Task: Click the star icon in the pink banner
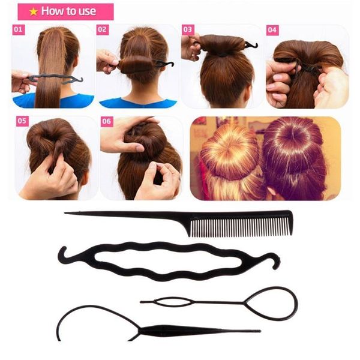coord(34,11)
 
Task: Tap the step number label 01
coord(19,29)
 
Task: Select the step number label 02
coord(102,29)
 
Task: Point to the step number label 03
coord(188,29)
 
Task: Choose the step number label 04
coord(272,29)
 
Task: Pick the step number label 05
coord(23,121)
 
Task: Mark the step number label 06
coord(107,121)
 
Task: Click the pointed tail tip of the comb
coord(67,212)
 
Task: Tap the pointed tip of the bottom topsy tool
coord(258,331)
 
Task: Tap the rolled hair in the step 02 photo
coord(137,63)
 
